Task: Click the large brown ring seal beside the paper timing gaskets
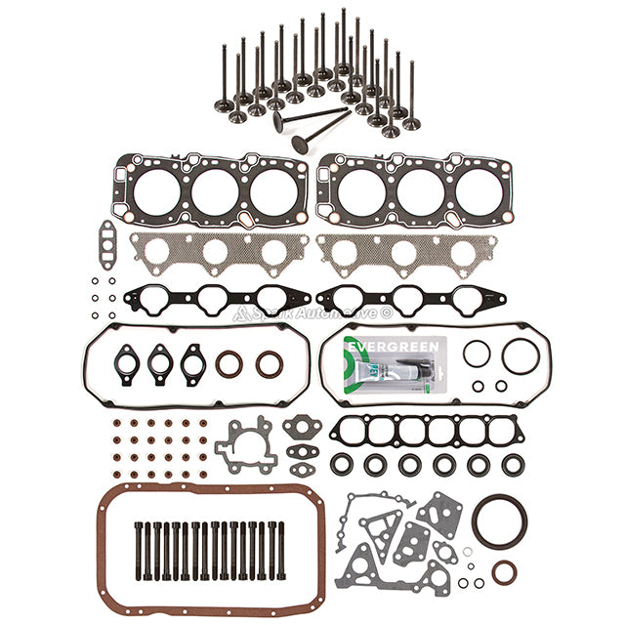pyautogui.click(x=494, y=521)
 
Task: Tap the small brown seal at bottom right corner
pyautogui.click(x=505, y=571)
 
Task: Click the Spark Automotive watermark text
pyautogui.click(x=312, y=313)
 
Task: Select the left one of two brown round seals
pyautogui.click(x=229, y=364)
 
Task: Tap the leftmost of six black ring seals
pyautogui.click(x=341, y=465)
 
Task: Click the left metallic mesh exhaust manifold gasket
pyautogui.click(x=217, y=252)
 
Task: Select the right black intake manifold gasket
pyautogui.click(x=410, y=299)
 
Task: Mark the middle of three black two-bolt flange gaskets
pyautogui.click(x=159, y=362)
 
